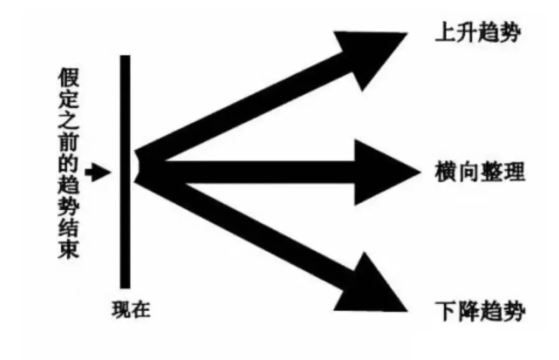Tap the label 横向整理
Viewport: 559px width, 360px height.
pyautogui.click(x=480, y=172)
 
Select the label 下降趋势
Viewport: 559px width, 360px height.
pyautogui.click(x=480, y=312)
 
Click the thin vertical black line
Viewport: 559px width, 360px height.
pyautogui.click(x=125, y=171)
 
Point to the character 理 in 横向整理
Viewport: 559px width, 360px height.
pyautogui.click(x=514, y=172)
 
